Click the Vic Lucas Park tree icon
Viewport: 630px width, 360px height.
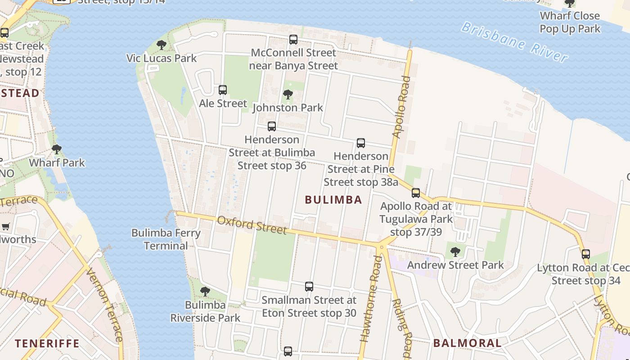click(x=162, y=45)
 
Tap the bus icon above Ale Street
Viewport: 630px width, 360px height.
click(x=223, y=90)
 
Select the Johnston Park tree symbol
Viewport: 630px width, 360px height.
click(x=288, y=94)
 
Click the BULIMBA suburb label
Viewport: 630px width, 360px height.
click(x=333, y=200)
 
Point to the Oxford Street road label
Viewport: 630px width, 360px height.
click(x=252, y=225)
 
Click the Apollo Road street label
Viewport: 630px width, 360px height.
click(x=402, y=107)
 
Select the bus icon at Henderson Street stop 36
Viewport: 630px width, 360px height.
click(x=271, y=126)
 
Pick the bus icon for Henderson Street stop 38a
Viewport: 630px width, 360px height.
click(x=360, y=143)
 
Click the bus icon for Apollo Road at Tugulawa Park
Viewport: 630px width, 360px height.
click(x=415, y=193)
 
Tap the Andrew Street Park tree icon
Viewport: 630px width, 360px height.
click(x=455, y=252)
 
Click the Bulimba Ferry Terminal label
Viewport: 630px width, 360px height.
click(x=166, y=239)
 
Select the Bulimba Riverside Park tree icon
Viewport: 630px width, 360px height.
click(x=205, y=292)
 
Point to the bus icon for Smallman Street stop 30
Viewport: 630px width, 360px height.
click(x=309, y=287)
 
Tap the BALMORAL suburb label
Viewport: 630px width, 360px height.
click(x=467, y=343)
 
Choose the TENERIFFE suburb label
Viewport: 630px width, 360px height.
click(x=47, y=344)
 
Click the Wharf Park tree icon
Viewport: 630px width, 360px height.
click(x=57, y=149)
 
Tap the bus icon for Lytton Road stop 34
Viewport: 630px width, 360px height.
click(x=585, y=254)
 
